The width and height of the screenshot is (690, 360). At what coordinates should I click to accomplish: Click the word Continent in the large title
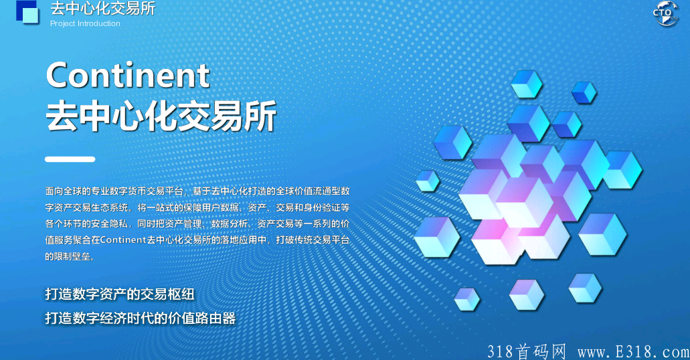coord(128,75)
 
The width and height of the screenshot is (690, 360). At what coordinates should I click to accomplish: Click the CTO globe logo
coord(665,13)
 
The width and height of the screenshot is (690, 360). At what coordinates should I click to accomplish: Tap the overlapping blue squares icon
coord(27,12)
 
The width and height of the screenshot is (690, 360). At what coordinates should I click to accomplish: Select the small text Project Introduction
coord(85,23)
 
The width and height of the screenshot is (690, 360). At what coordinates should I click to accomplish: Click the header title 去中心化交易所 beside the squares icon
coord(102,9)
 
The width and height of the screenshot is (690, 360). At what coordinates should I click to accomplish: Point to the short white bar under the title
coord(70,159)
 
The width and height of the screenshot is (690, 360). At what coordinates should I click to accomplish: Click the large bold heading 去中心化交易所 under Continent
coord(161,116)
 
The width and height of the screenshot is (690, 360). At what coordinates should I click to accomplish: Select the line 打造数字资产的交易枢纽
coord(120,294)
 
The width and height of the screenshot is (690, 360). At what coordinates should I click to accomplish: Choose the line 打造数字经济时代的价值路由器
coord(141,318)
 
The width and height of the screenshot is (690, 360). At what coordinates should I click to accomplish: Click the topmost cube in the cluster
coord(526,84)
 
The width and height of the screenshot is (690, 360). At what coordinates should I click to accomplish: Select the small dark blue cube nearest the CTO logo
coord(584,92)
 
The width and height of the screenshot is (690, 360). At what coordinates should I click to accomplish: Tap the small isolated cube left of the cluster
coord(427,181)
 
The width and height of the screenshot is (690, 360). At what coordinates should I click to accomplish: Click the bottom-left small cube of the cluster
coord(466,298)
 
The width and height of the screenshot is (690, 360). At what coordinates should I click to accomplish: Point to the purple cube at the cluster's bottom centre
coord(526,294)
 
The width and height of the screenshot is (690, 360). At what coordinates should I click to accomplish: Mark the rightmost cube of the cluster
coord(622,169)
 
